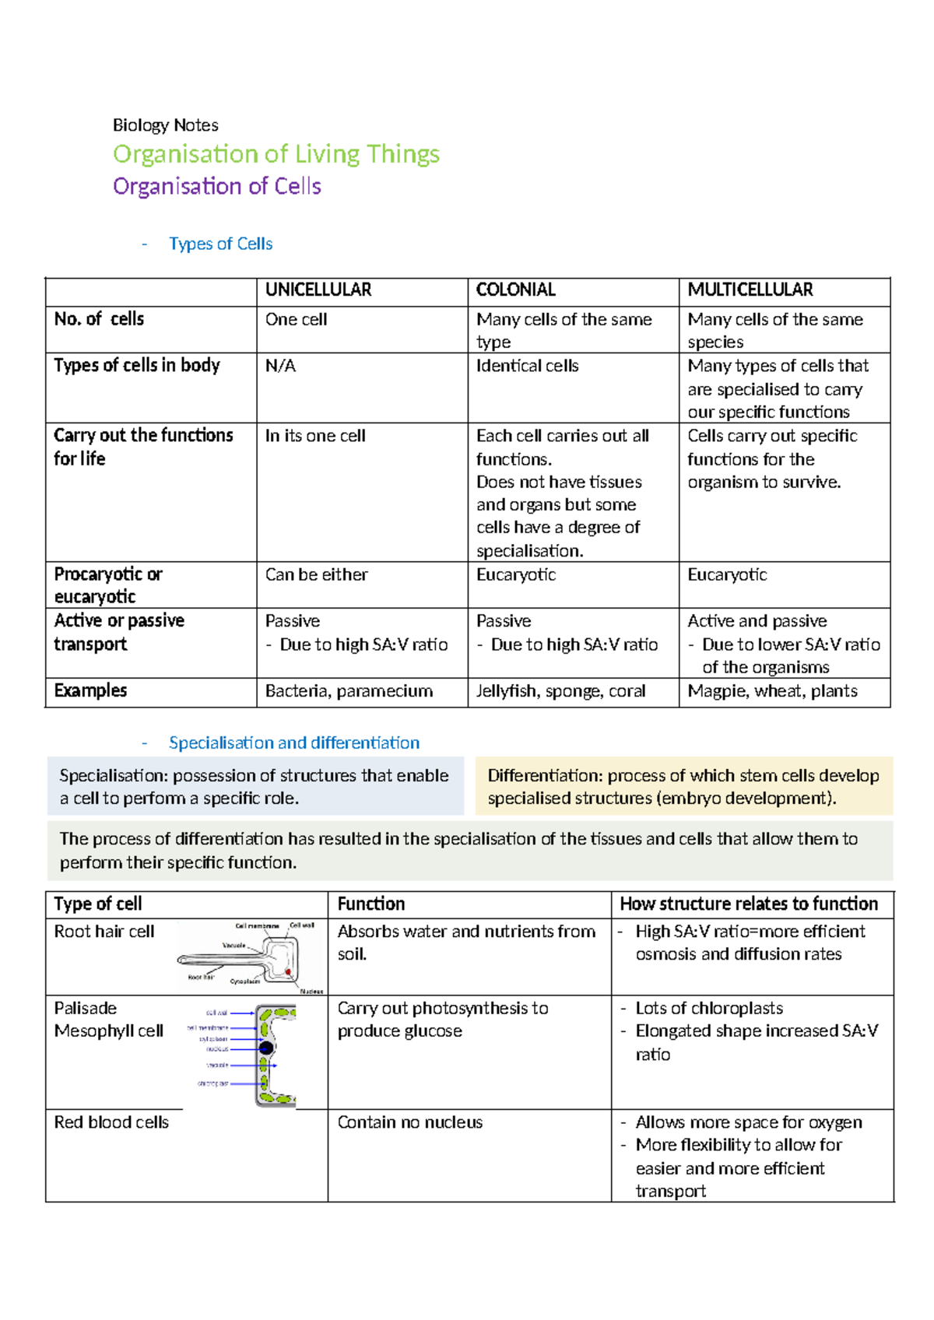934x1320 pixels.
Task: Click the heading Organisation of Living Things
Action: click(276, 154)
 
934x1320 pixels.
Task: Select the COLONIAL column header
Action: click(515, 290)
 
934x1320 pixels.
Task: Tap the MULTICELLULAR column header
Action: click(750, 290)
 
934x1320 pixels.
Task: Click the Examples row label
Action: click(90, 691)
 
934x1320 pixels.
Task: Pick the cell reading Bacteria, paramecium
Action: click(349, 691)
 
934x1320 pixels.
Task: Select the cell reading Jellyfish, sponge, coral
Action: click(560, 691)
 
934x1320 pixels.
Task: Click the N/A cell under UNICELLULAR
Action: click(280, 366)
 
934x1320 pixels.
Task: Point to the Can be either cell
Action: click(316, 575)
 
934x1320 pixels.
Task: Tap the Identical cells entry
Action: click(527, 366)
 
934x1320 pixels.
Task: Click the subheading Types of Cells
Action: click(220, 244)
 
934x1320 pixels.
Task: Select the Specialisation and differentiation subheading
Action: click(293, 743)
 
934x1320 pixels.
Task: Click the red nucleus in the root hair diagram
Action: click(288, 972)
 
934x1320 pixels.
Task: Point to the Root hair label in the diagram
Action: click(200, 977)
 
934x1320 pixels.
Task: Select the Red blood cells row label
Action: click(111, 1122)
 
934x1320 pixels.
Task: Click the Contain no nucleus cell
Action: click(409, 1122)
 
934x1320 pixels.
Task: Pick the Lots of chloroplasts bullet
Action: click(708, 1009)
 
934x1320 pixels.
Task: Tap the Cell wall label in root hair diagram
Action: click(302, 925)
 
